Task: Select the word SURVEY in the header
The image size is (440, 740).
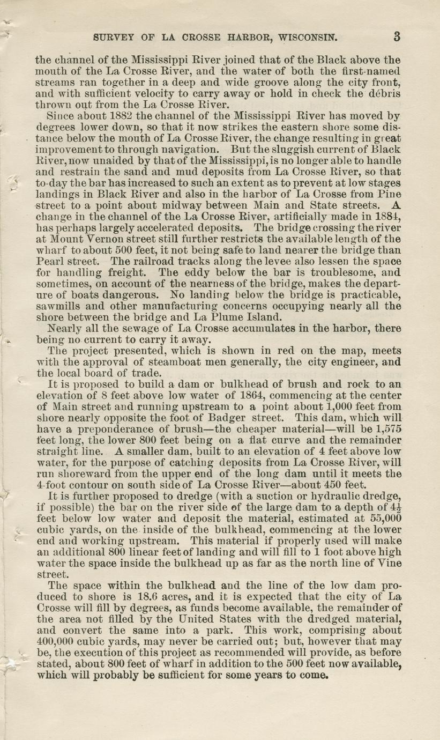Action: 112,38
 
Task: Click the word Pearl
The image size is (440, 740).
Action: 51,261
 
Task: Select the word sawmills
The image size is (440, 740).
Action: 57,306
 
